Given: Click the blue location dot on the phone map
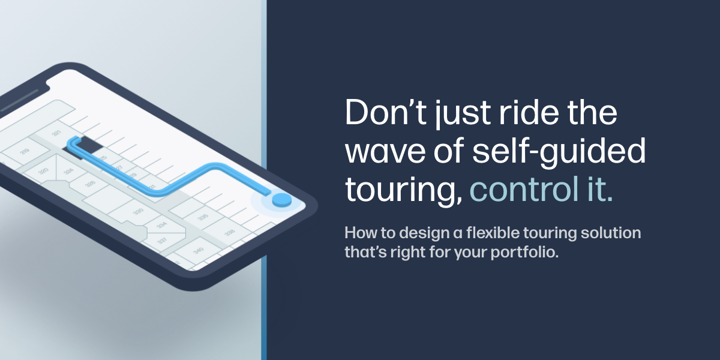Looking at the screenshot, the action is click(282, 200).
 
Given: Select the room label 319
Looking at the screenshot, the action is click(25, 151).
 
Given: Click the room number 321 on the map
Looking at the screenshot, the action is click(56, 133).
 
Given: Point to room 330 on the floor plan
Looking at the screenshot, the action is click(138, 212).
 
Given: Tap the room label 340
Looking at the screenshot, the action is click(199, 250).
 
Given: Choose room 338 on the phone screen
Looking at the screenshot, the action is click(229, 232).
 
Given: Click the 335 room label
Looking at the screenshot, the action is click(203, 217).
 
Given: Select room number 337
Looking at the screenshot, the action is click(162, 241).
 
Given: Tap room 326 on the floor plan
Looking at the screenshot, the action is click(90, 184).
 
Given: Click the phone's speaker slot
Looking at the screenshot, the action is click(19, 101).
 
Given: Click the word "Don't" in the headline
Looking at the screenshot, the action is click(386, 113).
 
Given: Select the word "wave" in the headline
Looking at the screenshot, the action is click(385, 151).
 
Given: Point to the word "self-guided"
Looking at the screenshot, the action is click(559, 152).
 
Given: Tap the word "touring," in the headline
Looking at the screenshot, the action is click(404, 192).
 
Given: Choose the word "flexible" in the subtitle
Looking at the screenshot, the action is click(493, 232).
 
